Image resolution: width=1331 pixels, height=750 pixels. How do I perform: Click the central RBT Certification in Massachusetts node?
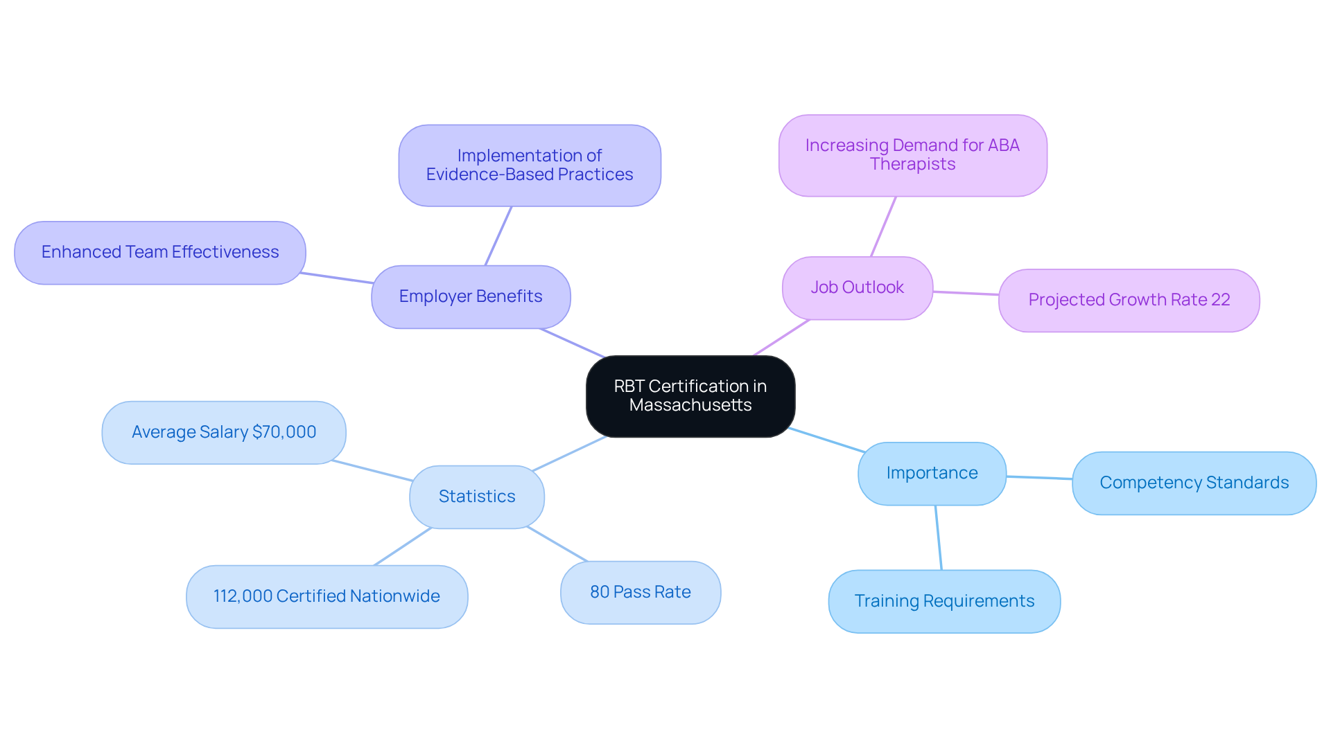coord(690,396)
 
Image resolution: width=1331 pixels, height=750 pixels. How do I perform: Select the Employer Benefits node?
coord(471,296)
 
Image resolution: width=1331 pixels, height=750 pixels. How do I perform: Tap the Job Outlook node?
coord(857,287)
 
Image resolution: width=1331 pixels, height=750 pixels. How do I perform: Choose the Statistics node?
coord(477,497)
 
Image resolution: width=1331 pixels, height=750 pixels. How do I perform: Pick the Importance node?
coord(932,473)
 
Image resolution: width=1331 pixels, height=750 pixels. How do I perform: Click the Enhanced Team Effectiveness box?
coord(160,252)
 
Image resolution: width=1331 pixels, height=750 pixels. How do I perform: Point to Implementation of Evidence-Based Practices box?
coord(530,166)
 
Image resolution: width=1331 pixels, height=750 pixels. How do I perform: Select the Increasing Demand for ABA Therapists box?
coord(912,155)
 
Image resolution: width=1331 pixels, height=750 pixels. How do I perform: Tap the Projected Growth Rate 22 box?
coord(1129,300)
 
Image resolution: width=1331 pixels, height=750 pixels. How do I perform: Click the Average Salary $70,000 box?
coord(224,432)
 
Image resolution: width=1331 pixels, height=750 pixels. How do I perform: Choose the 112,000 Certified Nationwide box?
coord(327,596)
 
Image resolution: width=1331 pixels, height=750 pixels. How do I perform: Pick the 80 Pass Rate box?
coord(641,592)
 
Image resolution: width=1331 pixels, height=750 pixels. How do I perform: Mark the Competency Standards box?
coord(1194,483)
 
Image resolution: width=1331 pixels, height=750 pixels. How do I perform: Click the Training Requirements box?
coord(944,601)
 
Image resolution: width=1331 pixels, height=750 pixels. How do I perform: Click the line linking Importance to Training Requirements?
coord(939,538)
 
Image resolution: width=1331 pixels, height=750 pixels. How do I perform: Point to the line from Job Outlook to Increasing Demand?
coord(883,227)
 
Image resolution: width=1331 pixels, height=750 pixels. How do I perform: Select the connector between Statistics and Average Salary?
coord(373,471)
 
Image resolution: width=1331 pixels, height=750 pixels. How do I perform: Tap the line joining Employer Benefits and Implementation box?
coord(498,236)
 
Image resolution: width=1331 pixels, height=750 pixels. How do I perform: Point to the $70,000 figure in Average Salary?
coord(284,432)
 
